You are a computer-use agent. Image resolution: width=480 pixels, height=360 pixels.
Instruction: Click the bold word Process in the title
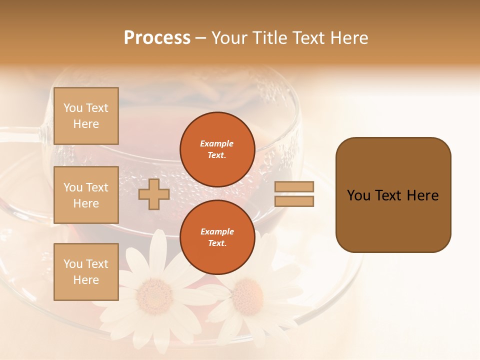157,38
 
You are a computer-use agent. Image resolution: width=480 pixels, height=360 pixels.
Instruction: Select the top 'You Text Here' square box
86,116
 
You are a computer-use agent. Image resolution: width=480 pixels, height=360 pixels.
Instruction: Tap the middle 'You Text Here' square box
86,195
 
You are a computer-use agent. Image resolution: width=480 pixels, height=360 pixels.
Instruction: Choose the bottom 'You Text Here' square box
86,272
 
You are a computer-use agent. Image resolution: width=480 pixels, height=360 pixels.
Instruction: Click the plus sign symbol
153,195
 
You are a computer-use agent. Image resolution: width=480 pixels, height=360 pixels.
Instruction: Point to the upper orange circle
217,149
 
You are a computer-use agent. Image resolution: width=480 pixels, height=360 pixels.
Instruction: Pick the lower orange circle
217,237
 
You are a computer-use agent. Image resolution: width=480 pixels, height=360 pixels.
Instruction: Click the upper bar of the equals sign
294,186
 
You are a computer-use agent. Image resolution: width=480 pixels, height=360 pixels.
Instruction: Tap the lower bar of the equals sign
294,201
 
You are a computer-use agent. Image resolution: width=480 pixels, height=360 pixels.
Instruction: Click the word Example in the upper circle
216,143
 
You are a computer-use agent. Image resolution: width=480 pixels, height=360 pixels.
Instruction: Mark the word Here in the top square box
86,124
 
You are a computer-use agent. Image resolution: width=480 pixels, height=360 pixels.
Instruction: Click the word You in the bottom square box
73,264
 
